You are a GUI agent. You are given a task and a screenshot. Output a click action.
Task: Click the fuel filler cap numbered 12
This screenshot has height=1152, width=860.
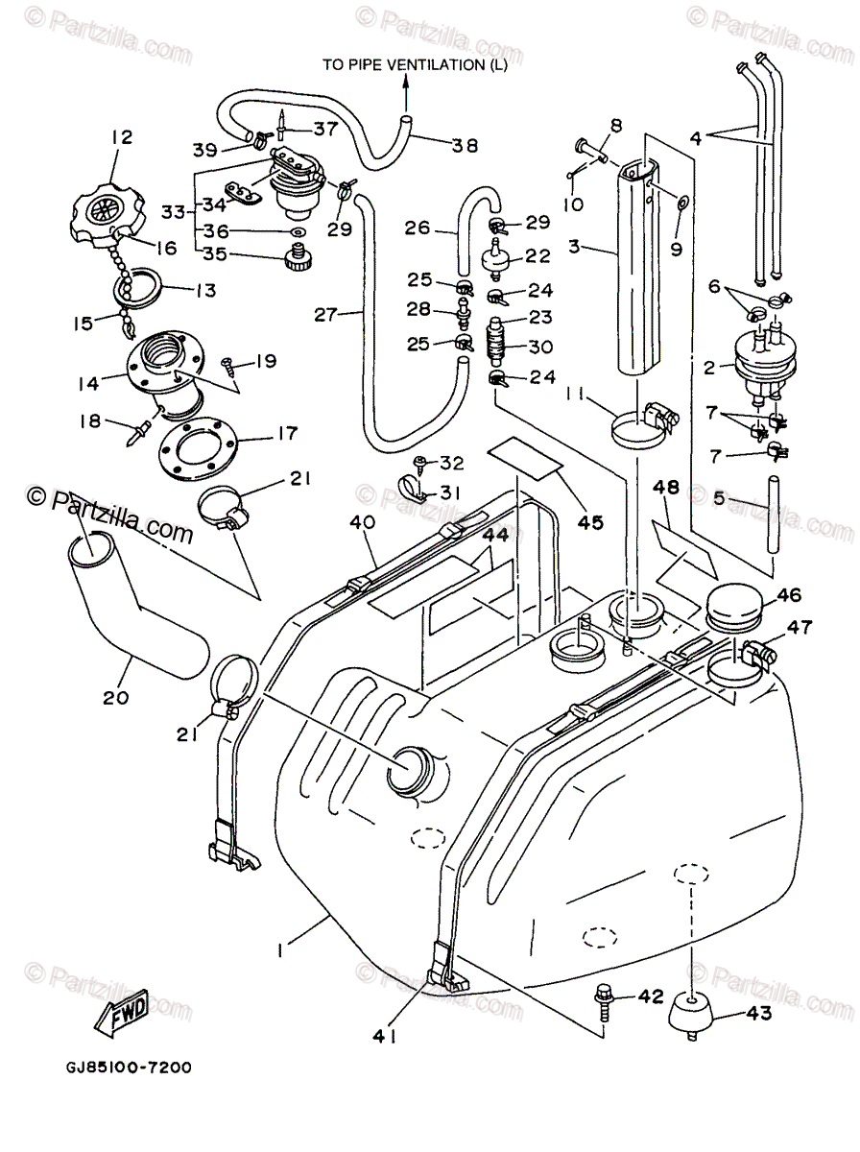tap(106, 210)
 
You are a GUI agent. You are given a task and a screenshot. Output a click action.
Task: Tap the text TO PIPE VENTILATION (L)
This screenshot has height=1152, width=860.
tap(415, 65)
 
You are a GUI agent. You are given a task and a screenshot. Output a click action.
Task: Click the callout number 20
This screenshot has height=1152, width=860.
tap(115, 697)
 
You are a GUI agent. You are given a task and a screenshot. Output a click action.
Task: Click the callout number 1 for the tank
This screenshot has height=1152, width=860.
tap(280, 950)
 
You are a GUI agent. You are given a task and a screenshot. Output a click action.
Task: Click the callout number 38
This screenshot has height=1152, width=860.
tap(465, 146)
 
